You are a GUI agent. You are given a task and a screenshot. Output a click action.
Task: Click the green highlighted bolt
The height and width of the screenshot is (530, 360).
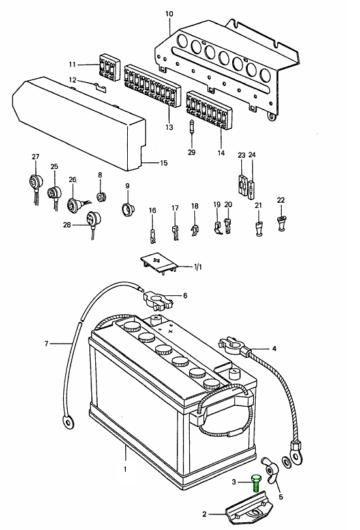click(x=256, y=483)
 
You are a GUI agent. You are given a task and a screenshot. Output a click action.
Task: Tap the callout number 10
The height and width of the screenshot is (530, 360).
click(x=169, y=14)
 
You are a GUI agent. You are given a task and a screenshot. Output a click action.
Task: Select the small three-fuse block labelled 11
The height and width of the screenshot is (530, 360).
click(x=109, y=67)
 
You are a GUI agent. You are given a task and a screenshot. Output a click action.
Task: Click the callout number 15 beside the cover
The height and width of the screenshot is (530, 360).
click(x=164, y=163)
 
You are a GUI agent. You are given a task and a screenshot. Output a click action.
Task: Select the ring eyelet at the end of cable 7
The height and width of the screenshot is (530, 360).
click(x=68, y=422)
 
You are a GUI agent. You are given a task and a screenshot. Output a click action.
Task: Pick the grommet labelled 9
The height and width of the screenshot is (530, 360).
click(x=128, y=209)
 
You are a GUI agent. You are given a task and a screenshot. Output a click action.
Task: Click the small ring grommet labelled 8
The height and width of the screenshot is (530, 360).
click(x=100, y=196)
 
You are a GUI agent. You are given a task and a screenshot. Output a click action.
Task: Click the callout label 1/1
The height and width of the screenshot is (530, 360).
click(x=198, y=267)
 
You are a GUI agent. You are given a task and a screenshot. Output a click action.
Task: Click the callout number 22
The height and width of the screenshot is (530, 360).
click(x=281, y=200)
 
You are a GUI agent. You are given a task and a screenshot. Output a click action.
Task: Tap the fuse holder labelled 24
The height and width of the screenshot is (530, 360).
click(x=252, y=190)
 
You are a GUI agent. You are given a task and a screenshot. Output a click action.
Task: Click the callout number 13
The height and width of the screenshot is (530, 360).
click(x=169, y=127)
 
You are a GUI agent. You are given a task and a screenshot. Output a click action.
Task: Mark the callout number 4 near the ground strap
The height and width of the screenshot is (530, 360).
click(x=274, y=349)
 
